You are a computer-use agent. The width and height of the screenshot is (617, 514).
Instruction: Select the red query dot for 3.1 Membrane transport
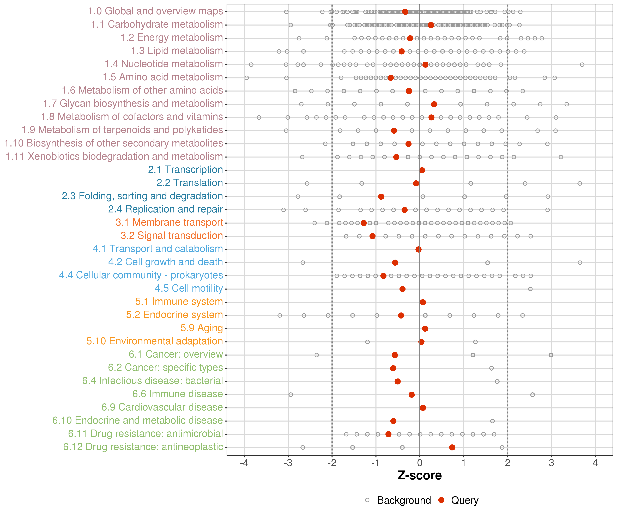[x=364, y=223]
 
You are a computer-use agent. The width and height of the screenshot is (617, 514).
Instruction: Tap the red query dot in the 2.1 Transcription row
[x=422, y=170]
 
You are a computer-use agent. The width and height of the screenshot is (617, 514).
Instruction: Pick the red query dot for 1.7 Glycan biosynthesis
[x=434, y=104]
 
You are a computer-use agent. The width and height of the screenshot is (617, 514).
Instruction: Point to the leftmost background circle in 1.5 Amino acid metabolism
[x=247, y=78]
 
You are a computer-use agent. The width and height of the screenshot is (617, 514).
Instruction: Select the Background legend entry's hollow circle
[x=367, y=500]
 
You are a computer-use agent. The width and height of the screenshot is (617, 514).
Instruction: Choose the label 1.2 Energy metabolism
[x=172, y=38]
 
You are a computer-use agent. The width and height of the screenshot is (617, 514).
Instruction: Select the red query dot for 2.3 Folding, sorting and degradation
[x=381, y=197]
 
